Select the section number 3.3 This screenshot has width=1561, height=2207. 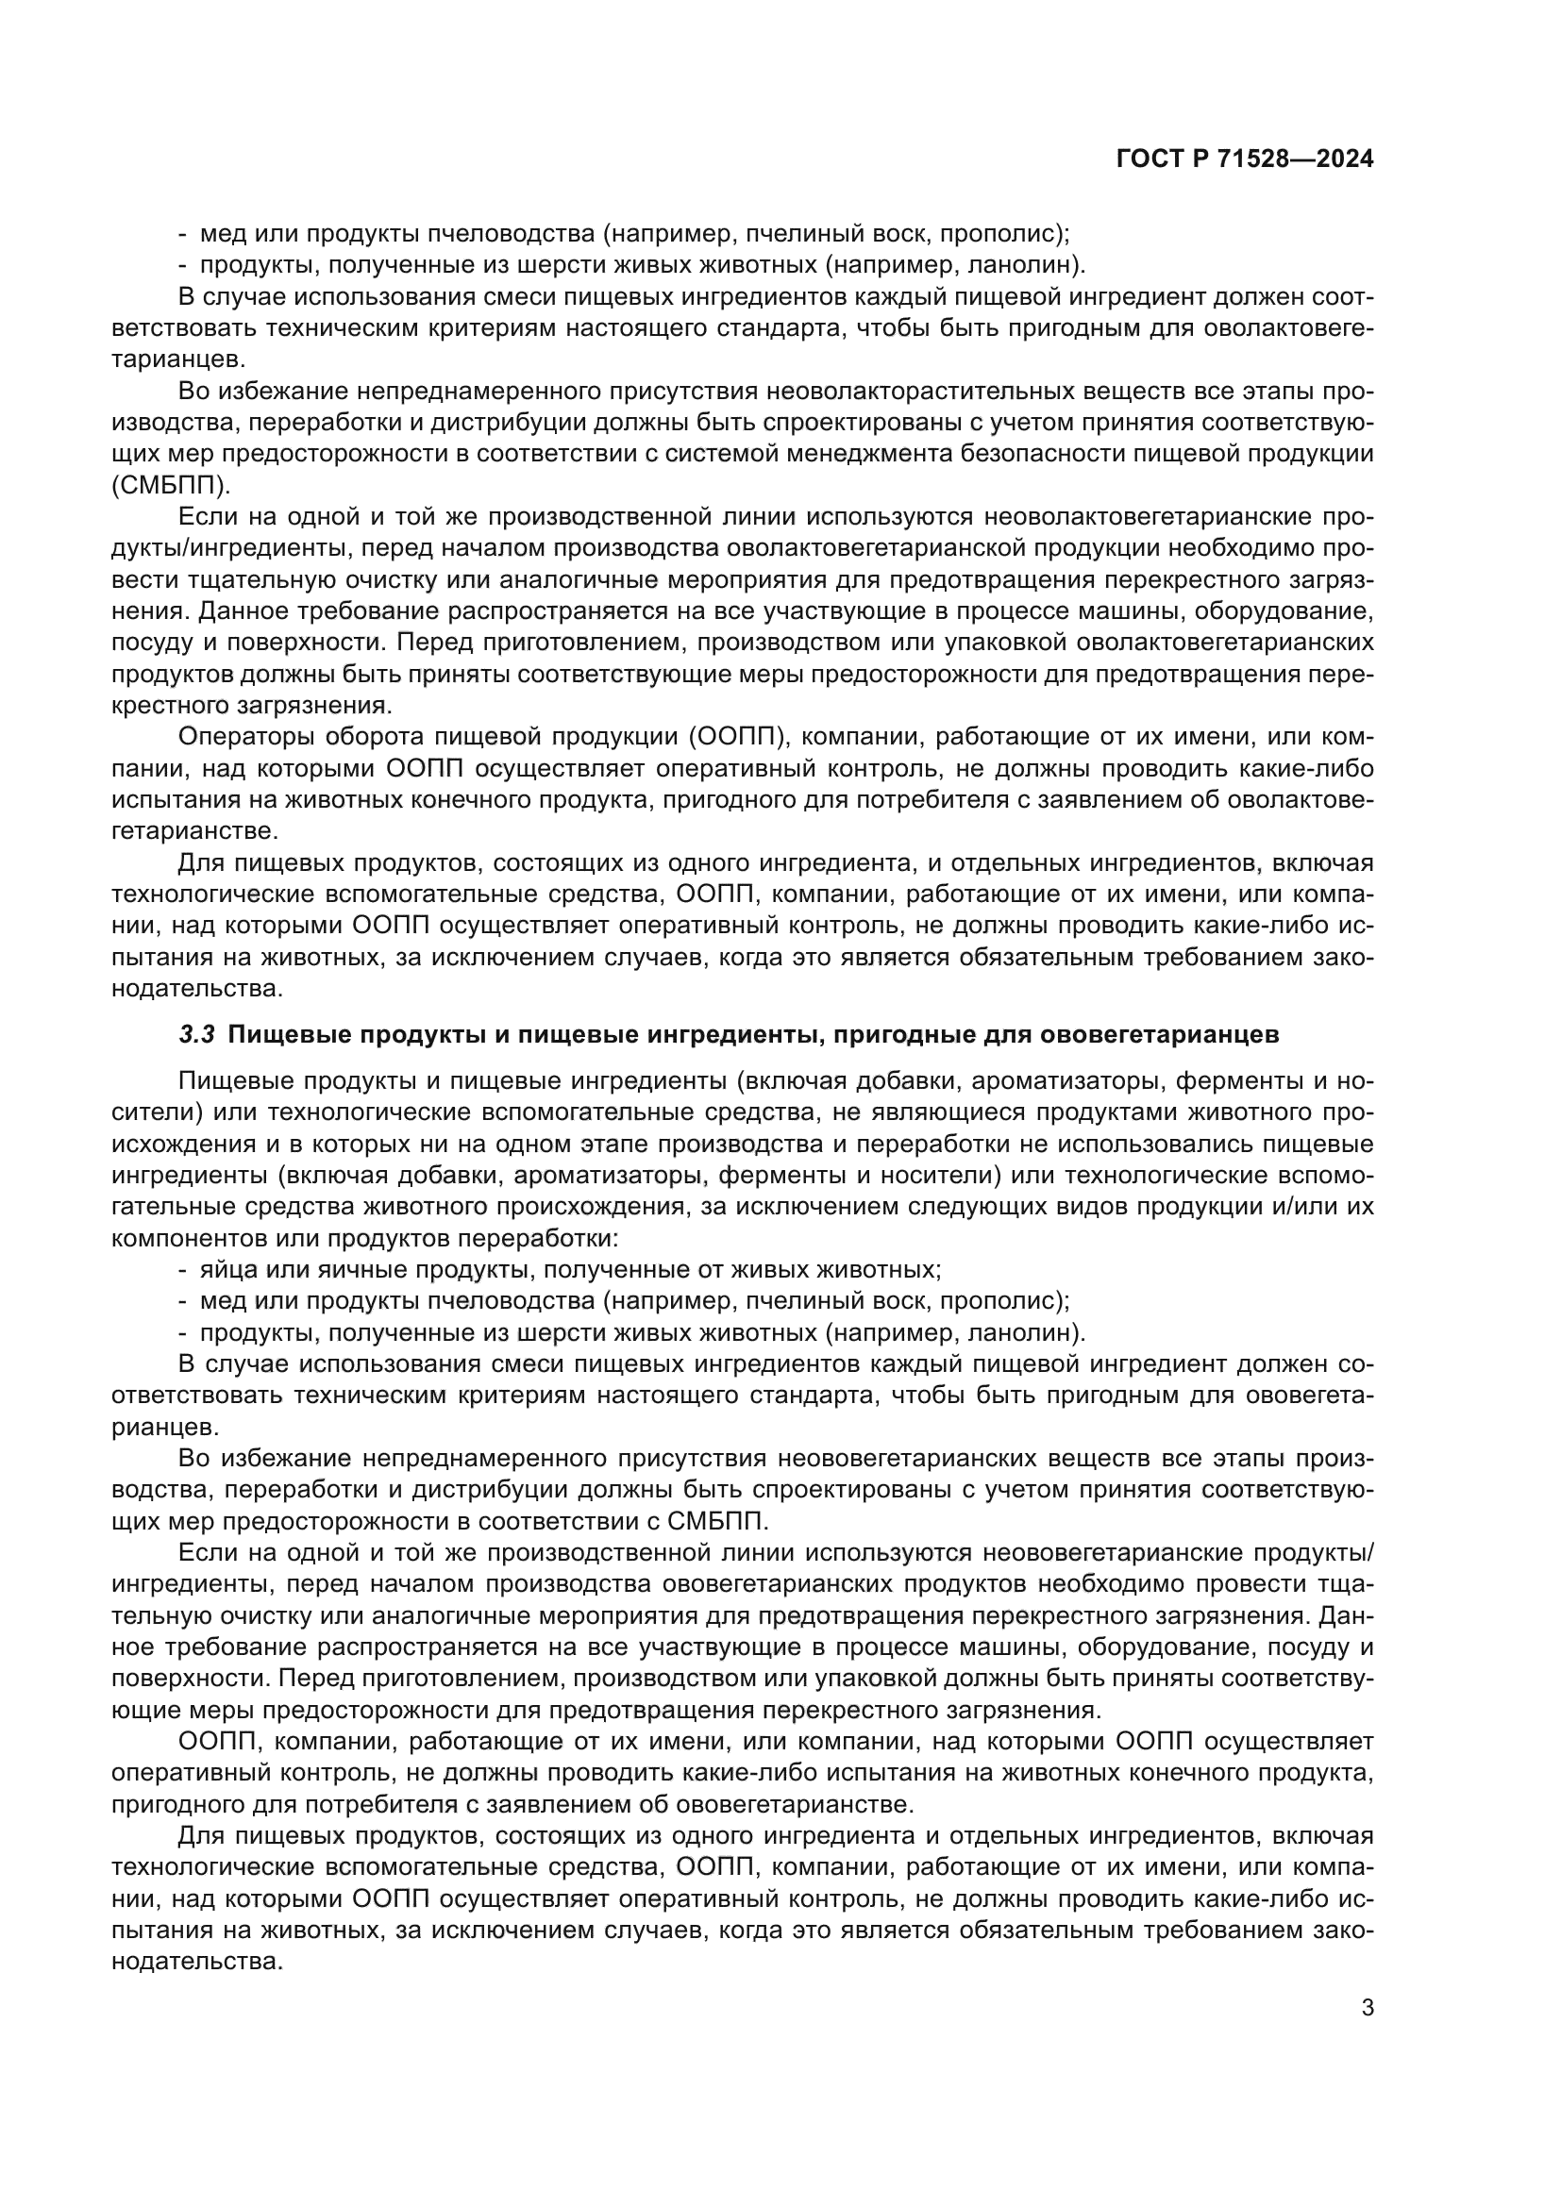(197, 1035)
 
